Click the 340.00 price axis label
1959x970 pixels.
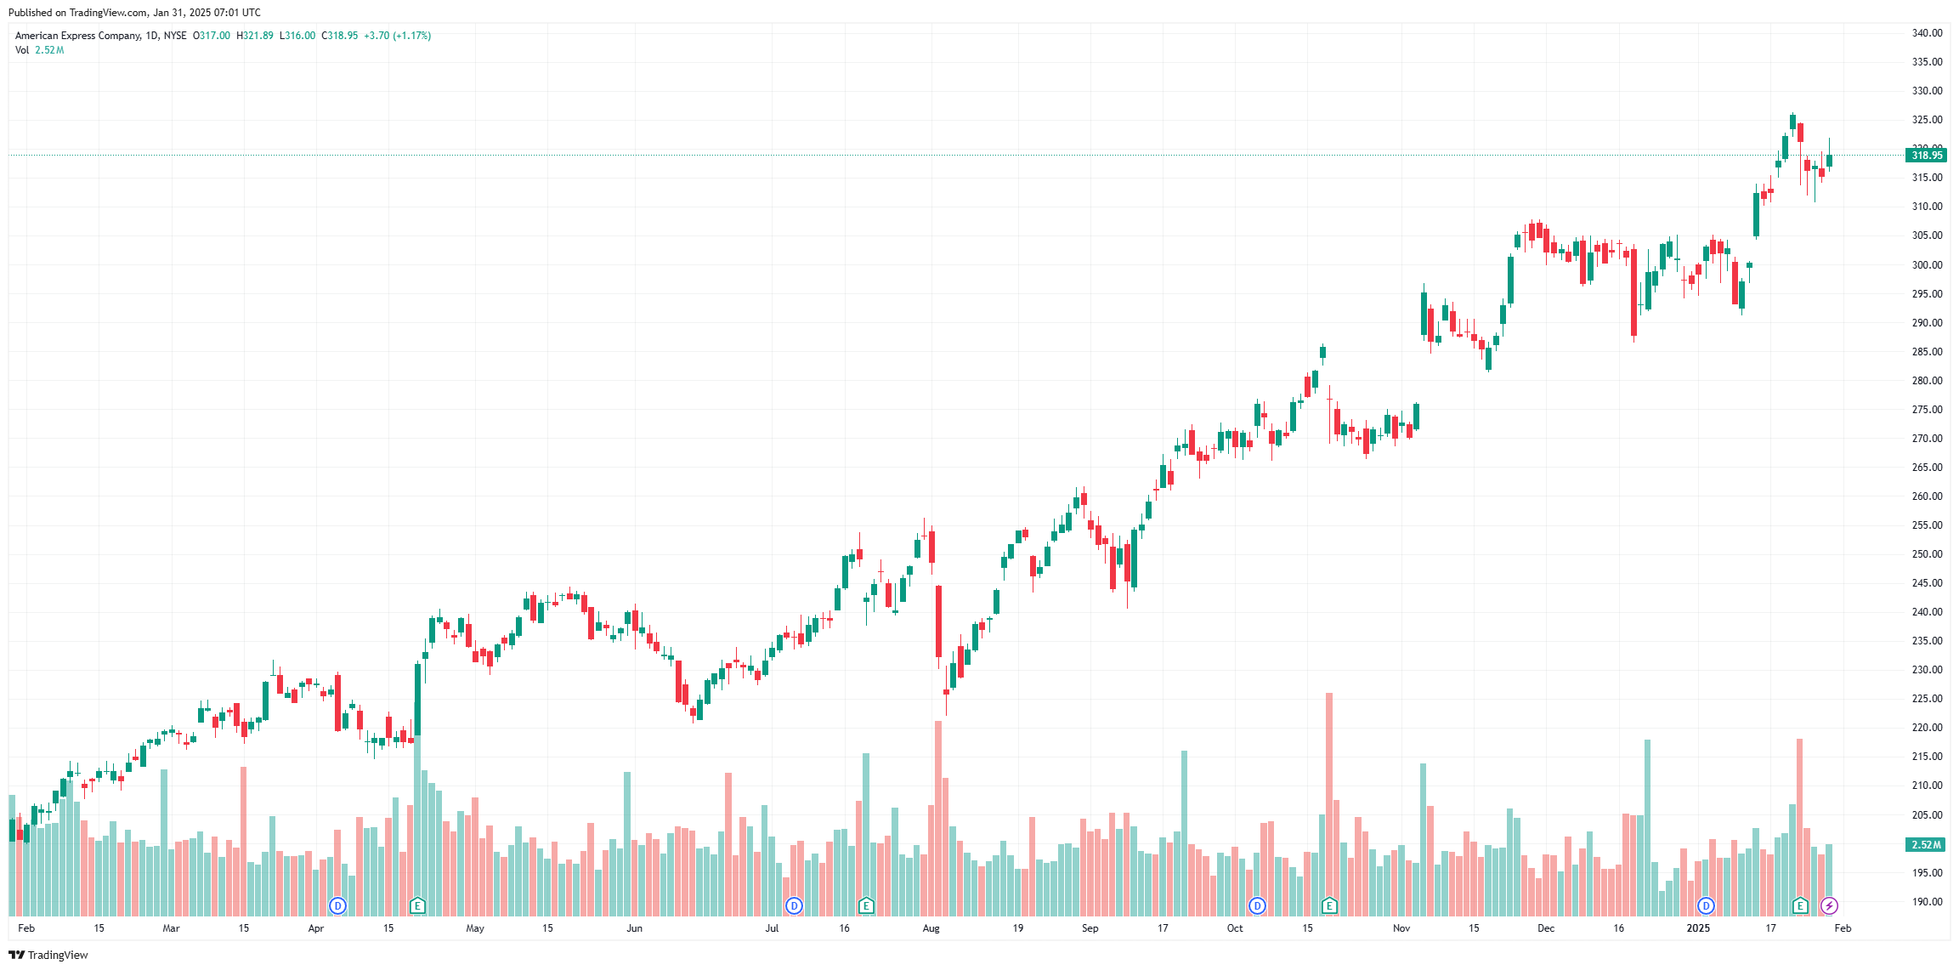coord(1927,33)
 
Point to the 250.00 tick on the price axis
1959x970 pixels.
coord(1927,554)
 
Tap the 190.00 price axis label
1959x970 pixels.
coord(1927,902)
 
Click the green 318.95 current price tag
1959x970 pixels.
coord(1926,156)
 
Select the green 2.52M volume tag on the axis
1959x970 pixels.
coord(1926,845)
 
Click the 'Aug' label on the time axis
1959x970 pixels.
coord(931,928)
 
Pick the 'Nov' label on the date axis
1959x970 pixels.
coord(1401,928)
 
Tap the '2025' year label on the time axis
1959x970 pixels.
coord(1698,928)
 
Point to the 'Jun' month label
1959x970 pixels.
coord(634,928)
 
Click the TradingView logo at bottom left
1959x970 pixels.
coord(48,956)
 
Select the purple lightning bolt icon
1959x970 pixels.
coord(1829,906)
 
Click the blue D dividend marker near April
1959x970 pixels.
coord(337,906)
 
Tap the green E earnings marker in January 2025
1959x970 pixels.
coord(1800,906)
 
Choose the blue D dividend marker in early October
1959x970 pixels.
coord(1257,906)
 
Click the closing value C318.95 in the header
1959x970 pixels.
coord(339,36)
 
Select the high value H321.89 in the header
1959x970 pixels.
coord(255,36)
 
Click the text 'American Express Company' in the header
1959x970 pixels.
coord(77,36)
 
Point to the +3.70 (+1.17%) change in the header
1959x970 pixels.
coord(397,36)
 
